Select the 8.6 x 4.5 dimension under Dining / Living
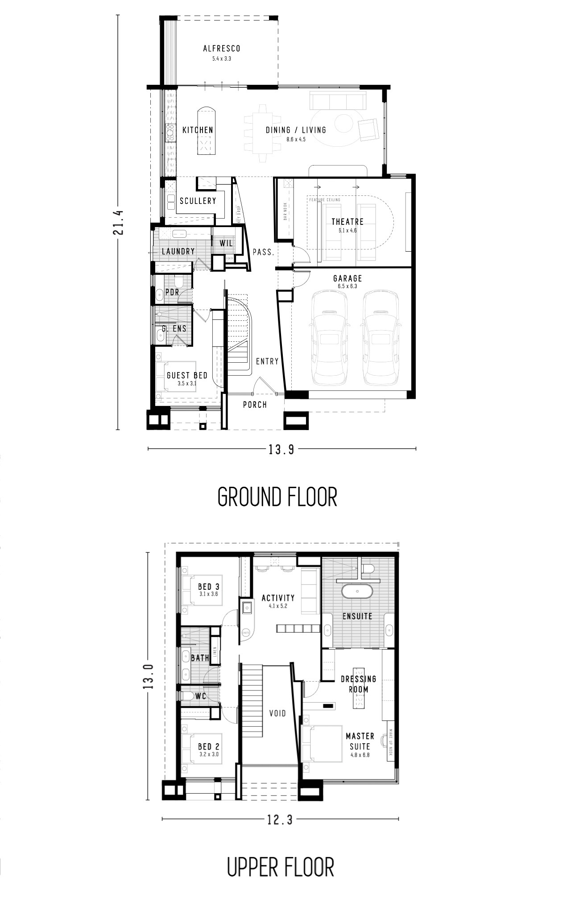(296, 140)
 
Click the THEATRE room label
(347, 222)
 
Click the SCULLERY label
(198, 201)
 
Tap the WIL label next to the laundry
(226, 244)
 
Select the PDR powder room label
(172, 292)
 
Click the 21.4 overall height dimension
(118, 222)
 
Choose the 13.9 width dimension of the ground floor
(281, 449)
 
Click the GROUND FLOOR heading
(277, 497)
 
